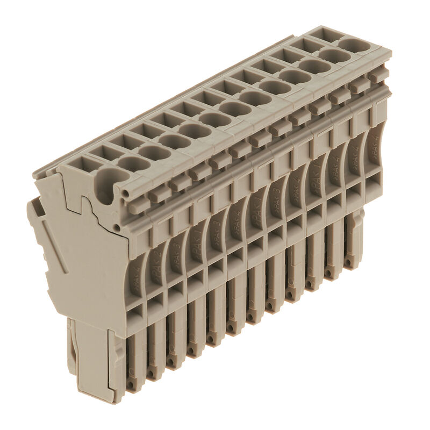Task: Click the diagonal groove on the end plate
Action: click(54, 241)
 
